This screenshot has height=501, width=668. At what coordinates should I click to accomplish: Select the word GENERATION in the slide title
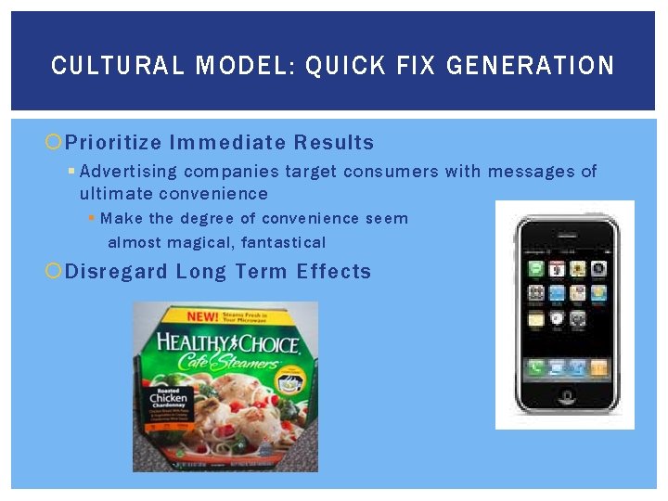pyautogui.click(x=530, y=66)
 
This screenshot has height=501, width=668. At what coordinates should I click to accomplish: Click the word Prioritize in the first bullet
pyautogui.click(x=113, y=143)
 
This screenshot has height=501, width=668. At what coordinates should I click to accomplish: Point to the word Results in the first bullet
pyautogui.click(x=334, y=143)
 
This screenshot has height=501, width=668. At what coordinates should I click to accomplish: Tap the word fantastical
pyautogui.click(x=284, y=243)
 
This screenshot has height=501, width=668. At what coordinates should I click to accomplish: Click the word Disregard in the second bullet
pyautogui.click(x=117, y=272)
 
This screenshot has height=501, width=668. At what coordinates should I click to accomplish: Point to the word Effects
pyautogui.click(x=334, y=272)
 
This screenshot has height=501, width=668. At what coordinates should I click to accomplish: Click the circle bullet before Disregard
pyautogui.click(x=55, y=272)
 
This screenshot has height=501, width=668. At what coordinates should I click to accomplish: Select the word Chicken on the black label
pyautogui.click(x=168, y=400)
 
